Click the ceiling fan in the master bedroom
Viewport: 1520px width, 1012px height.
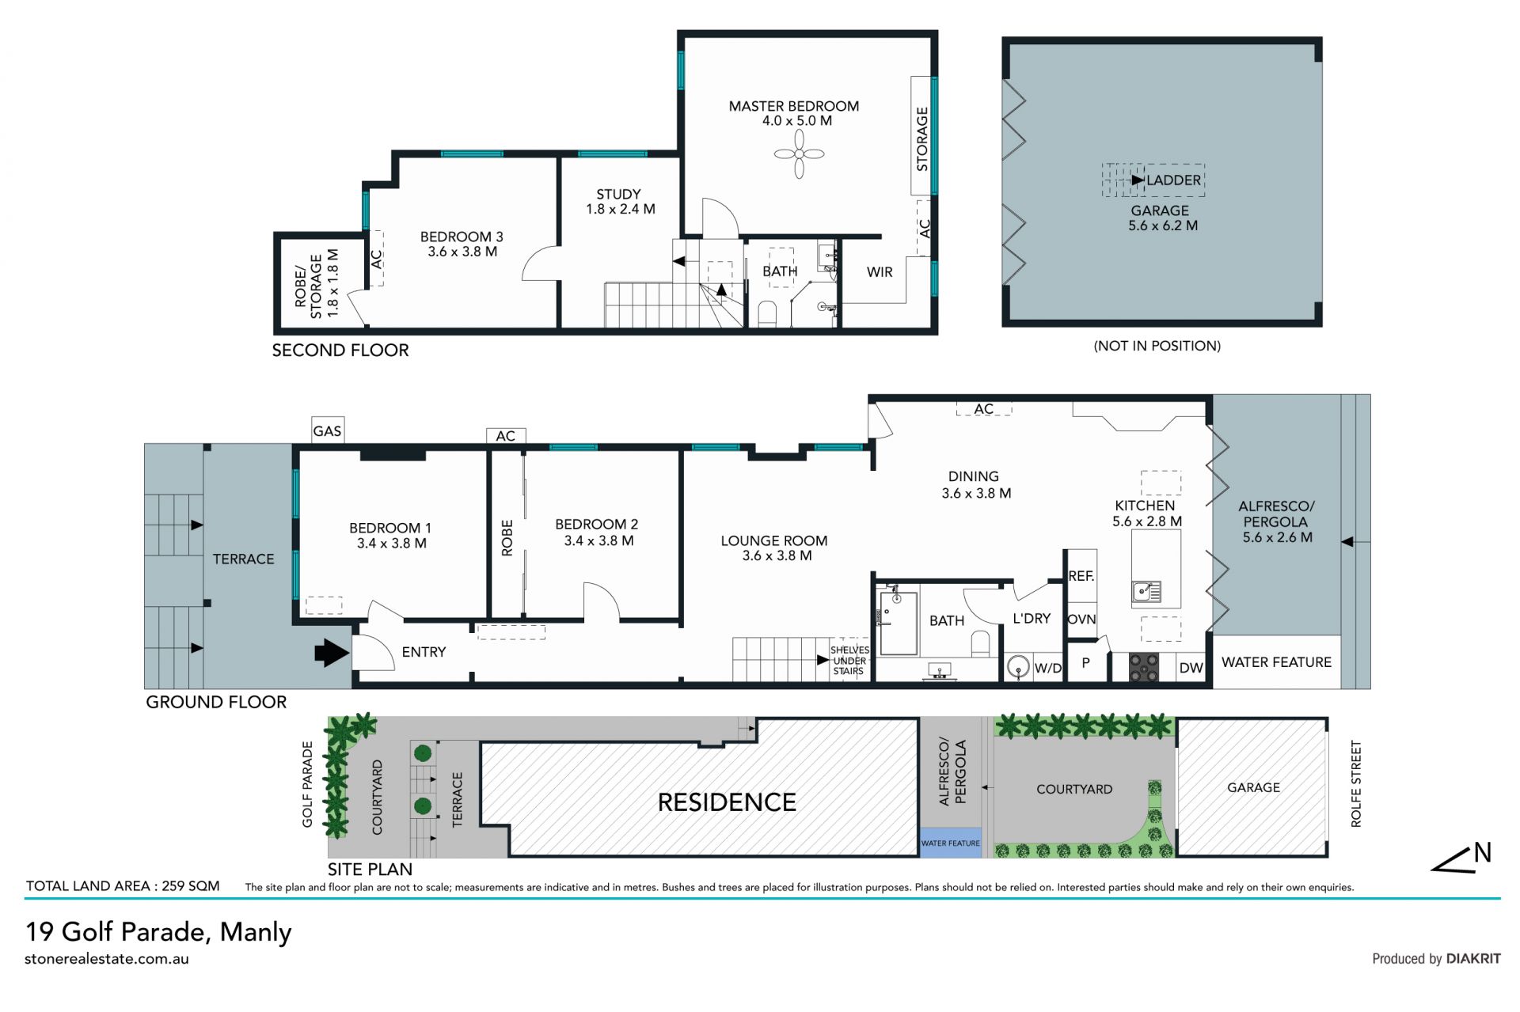[799, 154]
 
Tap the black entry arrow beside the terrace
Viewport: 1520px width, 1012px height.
[332, 653]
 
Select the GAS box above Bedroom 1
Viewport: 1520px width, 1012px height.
[327, 430]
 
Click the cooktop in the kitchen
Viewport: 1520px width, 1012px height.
[1143, 667]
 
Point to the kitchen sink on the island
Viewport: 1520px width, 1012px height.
[1146, 591]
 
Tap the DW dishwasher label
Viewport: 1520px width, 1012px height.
[1191, 668]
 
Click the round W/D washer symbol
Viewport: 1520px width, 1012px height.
[1018, 667]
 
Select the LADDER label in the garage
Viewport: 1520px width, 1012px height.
[1174, 180]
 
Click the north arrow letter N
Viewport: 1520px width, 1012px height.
[1483, 853]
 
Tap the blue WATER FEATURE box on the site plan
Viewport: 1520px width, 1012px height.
[950, 843]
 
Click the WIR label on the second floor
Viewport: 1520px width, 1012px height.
[880, 272]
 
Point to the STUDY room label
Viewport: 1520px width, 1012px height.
[619, 195]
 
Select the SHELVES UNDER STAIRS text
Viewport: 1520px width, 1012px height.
[849, 661]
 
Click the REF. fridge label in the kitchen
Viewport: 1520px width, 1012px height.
[1081, 576]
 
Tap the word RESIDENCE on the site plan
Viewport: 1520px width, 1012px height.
[727, 802]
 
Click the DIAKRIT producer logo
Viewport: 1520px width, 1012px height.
[1473, 958]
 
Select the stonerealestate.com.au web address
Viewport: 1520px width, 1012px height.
[107, 959]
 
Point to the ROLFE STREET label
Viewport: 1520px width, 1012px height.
[1356, 784]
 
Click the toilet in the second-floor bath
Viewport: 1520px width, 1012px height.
[767, 313]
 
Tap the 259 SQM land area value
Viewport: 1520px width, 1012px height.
[191, 886]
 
